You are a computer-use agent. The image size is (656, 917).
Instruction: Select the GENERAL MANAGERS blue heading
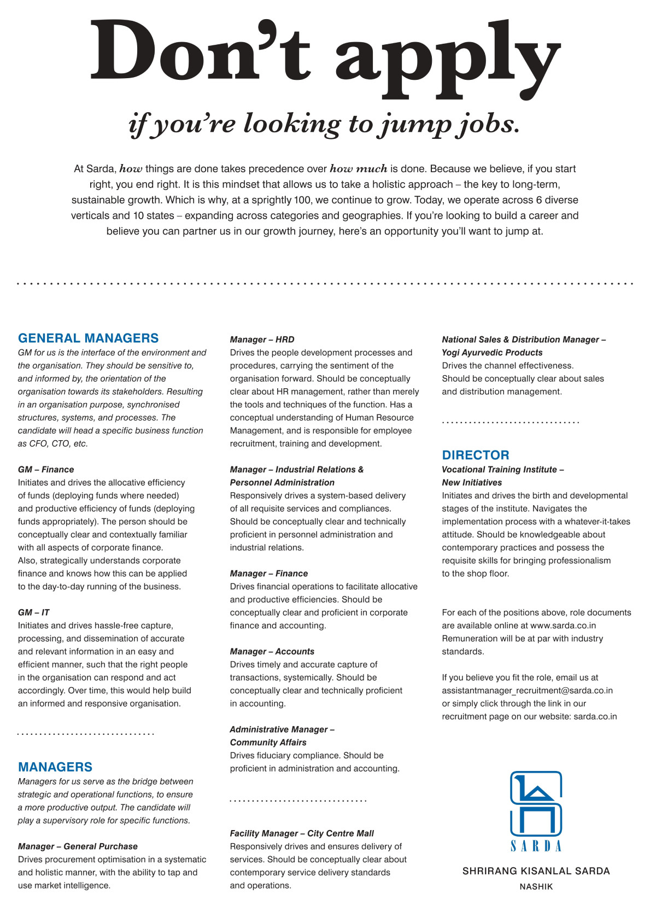88,338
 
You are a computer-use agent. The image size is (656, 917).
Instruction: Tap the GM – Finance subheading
46,469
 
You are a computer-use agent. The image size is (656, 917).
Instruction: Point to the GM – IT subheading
33,612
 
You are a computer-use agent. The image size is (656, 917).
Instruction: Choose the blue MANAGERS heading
55,767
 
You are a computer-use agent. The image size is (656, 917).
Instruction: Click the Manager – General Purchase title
78,846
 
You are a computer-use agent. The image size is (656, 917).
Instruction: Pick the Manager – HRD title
262,340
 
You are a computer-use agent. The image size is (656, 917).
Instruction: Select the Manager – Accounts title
272,651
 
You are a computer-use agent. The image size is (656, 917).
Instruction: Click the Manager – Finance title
268,574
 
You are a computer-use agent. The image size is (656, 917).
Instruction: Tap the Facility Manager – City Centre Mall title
302,833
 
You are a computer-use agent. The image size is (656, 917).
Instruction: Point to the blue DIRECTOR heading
476,455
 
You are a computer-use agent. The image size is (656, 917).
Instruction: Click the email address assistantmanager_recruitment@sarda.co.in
527,691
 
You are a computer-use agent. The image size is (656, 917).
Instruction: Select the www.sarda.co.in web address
563,626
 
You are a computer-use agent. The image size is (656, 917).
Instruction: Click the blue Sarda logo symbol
536,804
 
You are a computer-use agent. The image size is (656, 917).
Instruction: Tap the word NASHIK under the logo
536,887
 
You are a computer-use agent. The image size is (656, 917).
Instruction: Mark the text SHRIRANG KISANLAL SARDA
536,871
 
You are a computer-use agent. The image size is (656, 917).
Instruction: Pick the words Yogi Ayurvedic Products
492,353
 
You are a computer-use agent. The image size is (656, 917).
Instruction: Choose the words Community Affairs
268,743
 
